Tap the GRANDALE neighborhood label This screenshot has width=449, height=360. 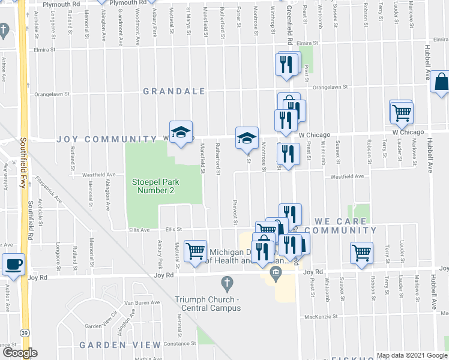pyautogui.click(x=174, y=91)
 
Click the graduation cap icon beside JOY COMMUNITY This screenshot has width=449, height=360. pyautogui.click(x=179, y=132)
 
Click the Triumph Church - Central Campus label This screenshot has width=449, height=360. pyautogui.click(x=208, y=304)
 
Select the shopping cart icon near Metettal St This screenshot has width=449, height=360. pyautogui.click(x=196, y=251)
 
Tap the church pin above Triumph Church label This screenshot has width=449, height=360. pyautogui.click(x=227, y=282)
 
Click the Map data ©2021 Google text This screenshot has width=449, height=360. pyautogui.click(x=411, y=355)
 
